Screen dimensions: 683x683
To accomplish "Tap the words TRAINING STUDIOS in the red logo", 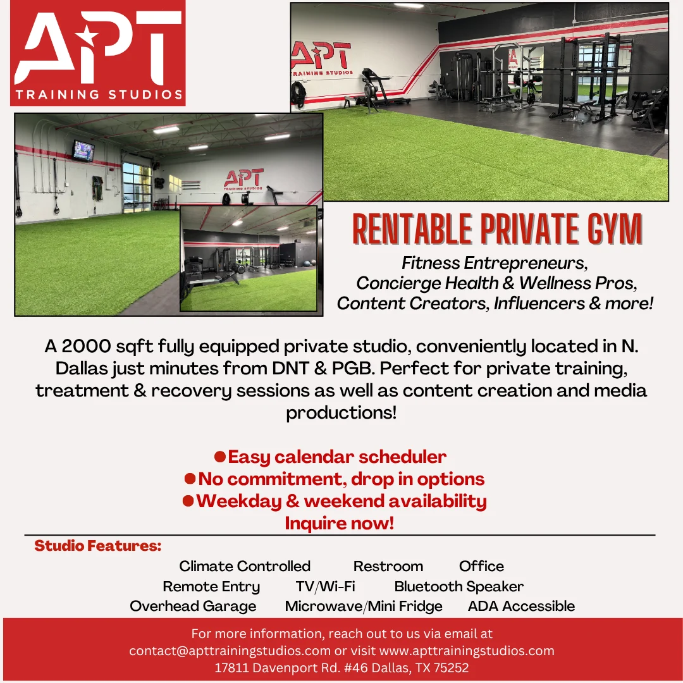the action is pos(99,94).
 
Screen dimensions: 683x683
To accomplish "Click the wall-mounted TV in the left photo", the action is pos(83,151).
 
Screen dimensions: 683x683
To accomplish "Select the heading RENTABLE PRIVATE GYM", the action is pos(497,229).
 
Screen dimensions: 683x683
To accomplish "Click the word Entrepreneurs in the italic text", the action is pos(526,263).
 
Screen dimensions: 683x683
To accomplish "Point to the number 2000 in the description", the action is pos(86,347).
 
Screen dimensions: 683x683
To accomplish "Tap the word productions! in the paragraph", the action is pos(341,413).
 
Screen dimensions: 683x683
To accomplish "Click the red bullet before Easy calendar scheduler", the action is pos(220,457).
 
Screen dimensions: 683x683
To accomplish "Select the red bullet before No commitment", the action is pos(190,479).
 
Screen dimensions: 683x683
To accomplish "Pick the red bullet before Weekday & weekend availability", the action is pos(188,501).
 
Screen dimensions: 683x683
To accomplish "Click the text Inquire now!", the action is pos(340,523).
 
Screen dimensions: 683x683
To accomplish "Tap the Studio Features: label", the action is pos(98,545).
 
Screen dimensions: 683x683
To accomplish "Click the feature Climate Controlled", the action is pos(245,566).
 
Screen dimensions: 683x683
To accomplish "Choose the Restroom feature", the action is pos(388,566).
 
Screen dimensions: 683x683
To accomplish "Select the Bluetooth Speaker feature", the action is pos(458,587).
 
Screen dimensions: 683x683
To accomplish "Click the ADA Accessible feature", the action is pos(521,606).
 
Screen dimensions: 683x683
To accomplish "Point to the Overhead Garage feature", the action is pos(193,606).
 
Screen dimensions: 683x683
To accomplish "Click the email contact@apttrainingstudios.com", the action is pos(230,651).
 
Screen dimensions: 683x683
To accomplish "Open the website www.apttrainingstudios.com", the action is pos(467,651).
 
